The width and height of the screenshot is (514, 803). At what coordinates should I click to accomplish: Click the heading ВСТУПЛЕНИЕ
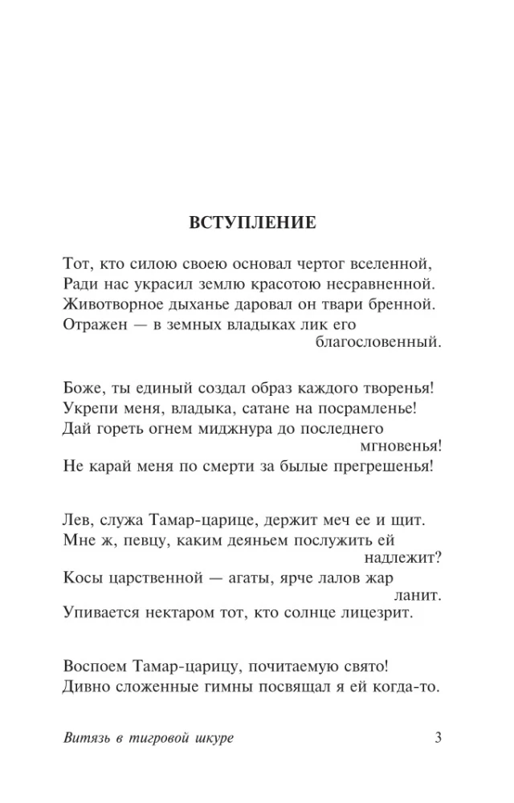point(253,222)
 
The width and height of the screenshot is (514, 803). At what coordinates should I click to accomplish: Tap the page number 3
point(438,738)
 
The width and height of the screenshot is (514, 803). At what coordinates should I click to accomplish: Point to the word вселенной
point(399,263)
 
